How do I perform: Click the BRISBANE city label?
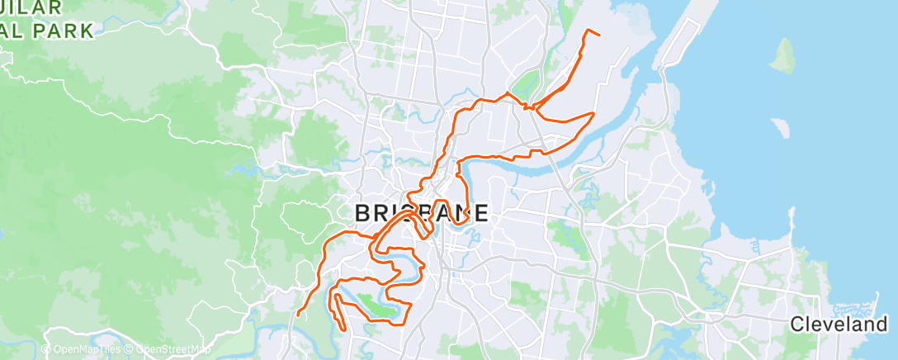point(421,213)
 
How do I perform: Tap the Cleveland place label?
point(838,324)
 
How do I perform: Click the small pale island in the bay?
point(779,126)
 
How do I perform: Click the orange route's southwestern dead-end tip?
point(298,314)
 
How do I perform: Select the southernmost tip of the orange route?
point(343,330)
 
